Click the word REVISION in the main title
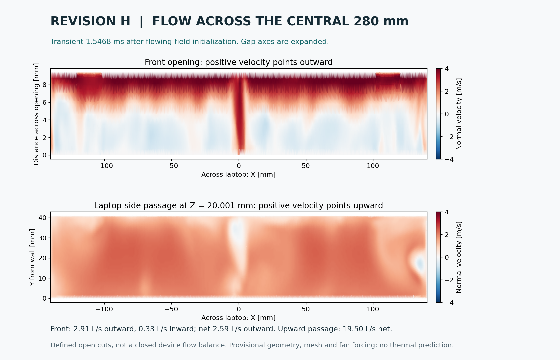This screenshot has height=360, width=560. coord(90,21)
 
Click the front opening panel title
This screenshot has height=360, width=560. coord(239,62)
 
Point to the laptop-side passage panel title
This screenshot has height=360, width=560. coord(239,205)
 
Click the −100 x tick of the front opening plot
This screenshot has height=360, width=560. coord(104,166)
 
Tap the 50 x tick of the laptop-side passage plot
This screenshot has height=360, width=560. coord(306,309)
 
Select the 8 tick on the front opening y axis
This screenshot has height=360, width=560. coord(45,85)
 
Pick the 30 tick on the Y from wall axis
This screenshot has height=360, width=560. coord(43,238)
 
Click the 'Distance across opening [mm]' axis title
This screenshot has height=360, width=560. coord(36,114)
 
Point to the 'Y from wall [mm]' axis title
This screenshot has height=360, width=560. coord(32,257)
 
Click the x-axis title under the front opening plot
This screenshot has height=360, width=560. coord(239,175)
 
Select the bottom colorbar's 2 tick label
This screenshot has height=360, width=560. coord(447,235)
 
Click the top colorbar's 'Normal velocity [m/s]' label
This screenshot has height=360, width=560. coord(459,114)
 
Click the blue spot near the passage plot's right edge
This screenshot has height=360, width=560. coord(419,264)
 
